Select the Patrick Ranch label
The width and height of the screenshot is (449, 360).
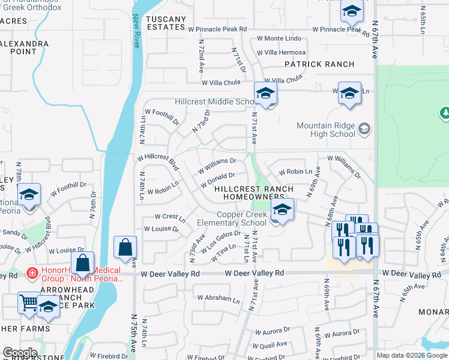pos(319,64)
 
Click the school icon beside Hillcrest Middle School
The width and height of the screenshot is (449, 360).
pos(265,94)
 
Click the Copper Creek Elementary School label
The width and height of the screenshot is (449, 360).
pos(233,219)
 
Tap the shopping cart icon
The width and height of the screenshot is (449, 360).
pos(28,302)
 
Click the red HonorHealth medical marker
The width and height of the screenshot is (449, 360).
pos(31,274)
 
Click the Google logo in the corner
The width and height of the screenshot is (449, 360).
pos(20,352)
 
